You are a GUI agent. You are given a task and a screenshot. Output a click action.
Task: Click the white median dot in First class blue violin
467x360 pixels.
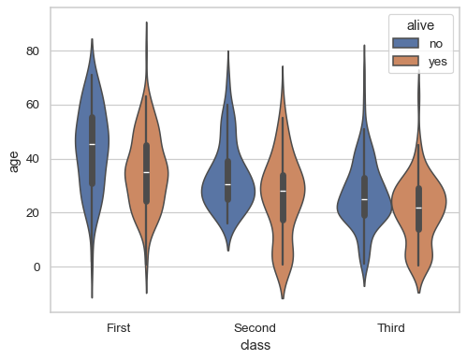click(92, 144)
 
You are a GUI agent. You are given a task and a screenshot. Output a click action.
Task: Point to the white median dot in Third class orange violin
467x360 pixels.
click(418, 208)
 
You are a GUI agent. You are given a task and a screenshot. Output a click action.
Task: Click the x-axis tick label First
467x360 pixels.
click(119, 328)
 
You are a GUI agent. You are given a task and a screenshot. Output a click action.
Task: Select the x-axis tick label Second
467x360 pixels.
click(255, 328)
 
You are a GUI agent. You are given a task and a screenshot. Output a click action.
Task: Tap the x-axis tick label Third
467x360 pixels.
click(391, 328)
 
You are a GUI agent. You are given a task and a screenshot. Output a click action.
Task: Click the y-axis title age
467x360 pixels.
click(14, 161)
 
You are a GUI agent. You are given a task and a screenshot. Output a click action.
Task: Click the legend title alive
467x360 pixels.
click(420, 27)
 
